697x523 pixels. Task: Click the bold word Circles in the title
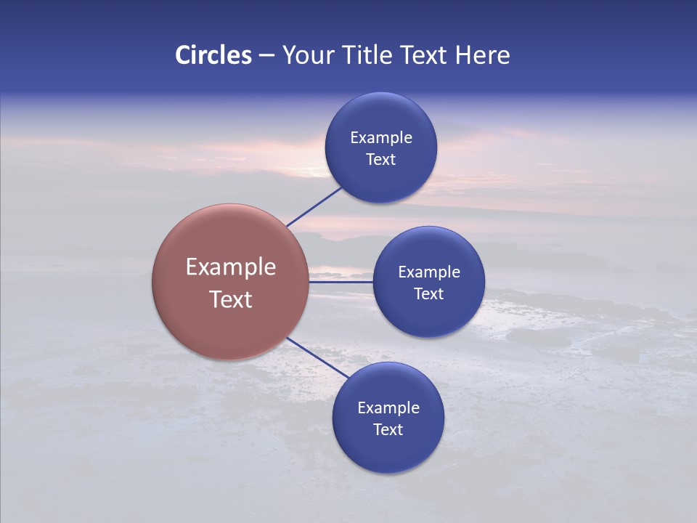pyautogui.click(x=213, y=55)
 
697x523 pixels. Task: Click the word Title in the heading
pyautogui.click(x=365, y=55)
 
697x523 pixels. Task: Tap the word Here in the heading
pyautogui.click(x=482, y=55)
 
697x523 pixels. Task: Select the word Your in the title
pyautogui.click(x=309, y=55)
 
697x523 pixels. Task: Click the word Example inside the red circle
pyautogui.click(x=231, y=267)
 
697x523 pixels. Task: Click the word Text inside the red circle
pyautogui.click(x=231, y=299)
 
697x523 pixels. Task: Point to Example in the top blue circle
pyautogui.click(x=381, y=137)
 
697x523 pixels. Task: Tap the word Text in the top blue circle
pyautogui.click(x=380, y=159)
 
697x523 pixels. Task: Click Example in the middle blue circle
pyautogui.click(x=429, y=272)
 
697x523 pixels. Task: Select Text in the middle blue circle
pyautogui.click(x=428, y=293)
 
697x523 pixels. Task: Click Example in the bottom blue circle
pyautogui.click(x=388, y=408)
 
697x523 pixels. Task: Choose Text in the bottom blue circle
pyautogui.click(x=388, y=429)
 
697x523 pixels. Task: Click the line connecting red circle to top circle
pyautogui.click(x=314, y=206)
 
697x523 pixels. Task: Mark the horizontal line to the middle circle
pyautogui.click(x=341, y=282)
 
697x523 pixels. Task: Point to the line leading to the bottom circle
pyautogui.click(x=317, y=357)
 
